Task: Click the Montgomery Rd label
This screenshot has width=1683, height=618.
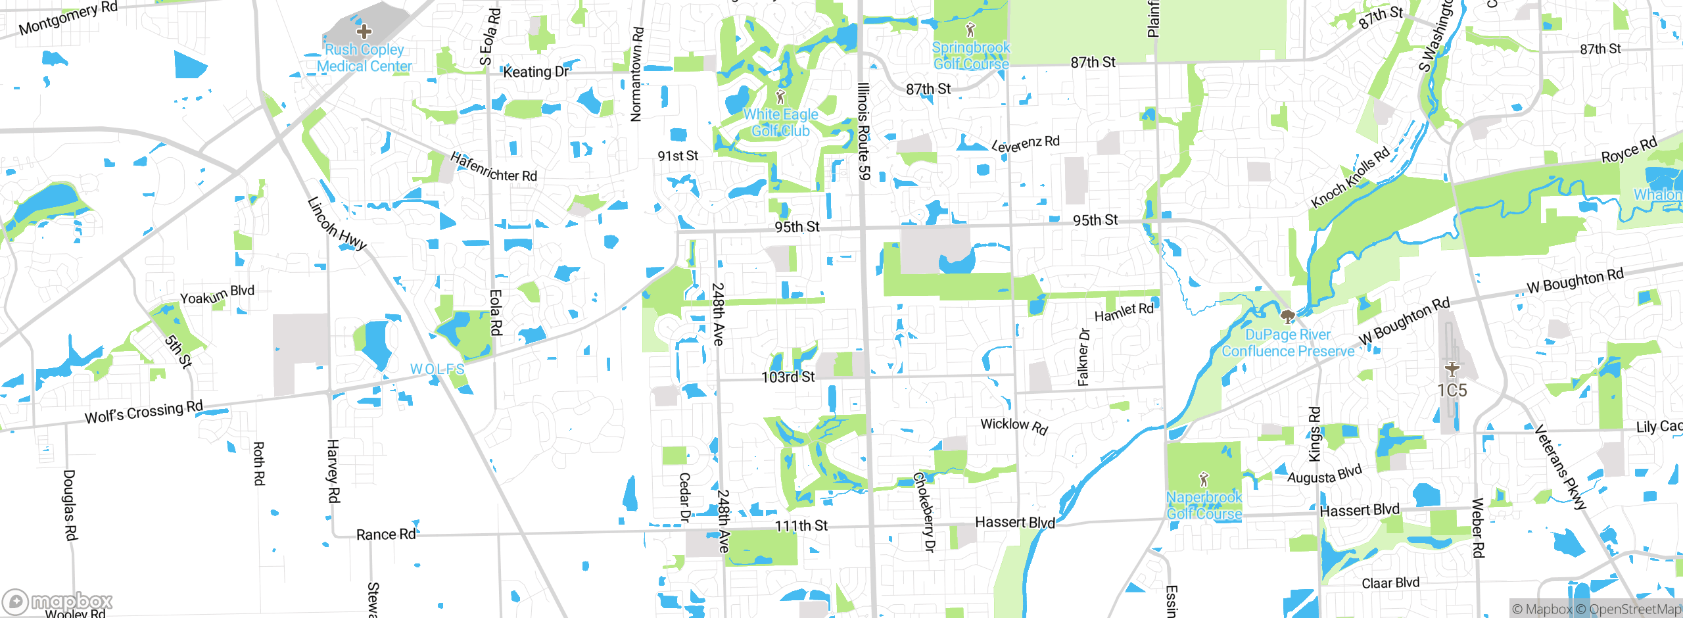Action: (68, 18)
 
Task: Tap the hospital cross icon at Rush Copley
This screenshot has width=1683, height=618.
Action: (364, 31)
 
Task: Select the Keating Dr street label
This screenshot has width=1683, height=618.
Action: (536, 72)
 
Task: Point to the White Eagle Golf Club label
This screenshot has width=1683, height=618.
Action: (781, 122)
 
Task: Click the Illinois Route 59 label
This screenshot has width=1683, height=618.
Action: (864, 131)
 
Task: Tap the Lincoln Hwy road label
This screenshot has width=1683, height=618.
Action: (337, 224)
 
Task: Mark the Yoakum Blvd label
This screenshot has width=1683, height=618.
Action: (217, 295)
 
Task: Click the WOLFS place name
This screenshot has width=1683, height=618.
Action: (437, 369)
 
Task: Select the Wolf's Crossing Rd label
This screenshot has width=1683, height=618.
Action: (144, 412)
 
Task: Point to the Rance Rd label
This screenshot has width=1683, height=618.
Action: (386, 535)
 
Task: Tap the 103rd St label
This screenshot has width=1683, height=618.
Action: (788, 377)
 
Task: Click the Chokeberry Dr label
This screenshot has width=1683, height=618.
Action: (924, 511)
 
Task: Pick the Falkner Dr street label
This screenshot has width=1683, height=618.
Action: (1083, 357)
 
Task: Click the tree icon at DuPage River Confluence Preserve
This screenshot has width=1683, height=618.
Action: (1288, 317)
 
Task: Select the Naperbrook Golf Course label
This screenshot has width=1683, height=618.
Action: (1204, 505)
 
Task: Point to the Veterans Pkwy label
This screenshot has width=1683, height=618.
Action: (1560, 467)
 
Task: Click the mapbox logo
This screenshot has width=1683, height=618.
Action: (58, 601)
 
